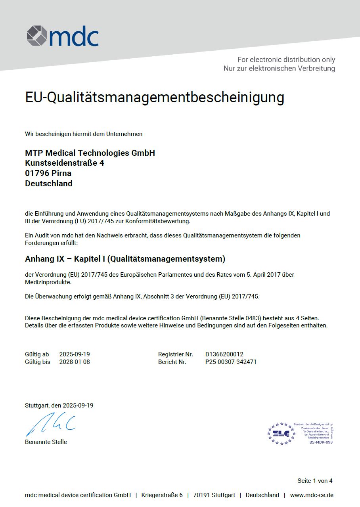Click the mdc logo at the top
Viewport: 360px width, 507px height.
click(x=63, y=36)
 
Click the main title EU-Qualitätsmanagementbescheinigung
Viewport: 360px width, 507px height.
click(x=155, y=98)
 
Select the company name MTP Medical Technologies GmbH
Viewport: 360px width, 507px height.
click(x=90, y=153)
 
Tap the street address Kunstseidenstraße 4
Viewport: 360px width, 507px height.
click(x=65, y=163)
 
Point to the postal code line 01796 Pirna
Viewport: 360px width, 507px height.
click(x=48, y=173)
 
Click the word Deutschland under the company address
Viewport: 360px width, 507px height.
click(x=49, y=184)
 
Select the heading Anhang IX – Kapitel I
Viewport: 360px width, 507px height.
click(x=125, y=259)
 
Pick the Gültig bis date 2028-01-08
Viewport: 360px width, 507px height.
click(x=75, y=362)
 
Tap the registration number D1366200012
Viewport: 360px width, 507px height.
click(x=224, y=354)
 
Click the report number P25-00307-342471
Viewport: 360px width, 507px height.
click(x=231, y=362)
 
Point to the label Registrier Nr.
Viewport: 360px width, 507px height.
click(x=176, y=354)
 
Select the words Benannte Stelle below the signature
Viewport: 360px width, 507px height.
click(x=46, y=442)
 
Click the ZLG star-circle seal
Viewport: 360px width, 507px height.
click(x=281, y=433)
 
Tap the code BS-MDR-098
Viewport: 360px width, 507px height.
click(x=321, y=442)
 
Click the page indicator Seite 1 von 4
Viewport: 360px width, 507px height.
click(x=315, y=481)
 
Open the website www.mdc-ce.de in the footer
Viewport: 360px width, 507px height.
click(x=312, y=495)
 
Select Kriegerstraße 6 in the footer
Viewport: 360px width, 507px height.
click(x=162, y=495)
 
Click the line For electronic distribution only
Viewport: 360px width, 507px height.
click(x=286, y=60)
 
